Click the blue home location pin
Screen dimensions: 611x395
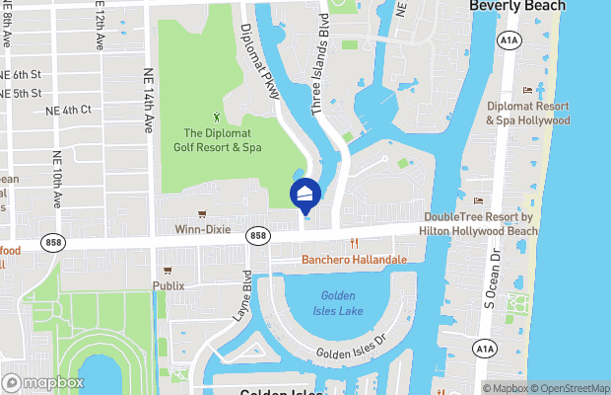point(305,194)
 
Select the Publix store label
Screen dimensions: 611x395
point(167,285)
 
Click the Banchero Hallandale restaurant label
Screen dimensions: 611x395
point(353,260)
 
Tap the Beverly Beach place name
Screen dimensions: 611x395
point(516,6)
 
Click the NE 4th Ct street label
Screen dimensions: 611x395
point(68,110)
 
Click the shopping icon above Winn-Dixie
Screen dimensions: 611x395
point(201,212)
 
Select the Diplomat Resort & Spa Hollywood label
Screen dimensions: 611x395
point(527,113)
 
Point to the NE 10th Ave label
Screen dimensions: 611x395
point(56,179)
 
